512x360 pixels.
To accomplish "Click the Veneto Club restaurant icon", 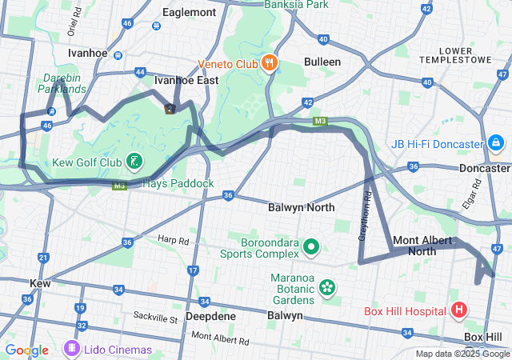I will pos(269,62).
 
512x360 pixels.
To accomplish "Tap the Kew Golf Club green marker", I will pos(135,162).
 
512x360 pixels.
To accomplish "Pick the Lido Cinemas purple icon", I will pos(72,349).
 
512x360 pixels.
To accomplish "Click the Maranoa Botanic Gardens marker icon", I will pos(326,286).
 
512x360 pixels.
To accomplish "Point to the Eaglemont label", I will pos(189,13).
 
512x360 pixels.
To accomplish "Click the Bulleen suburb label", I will pos(322,62).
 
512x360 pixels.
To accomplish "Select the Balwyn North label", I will pos(302,207).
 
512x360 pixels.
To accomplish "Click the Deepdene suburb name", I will pos(210,316).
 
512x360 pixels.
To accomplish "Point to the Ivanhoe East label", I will pos(186,80).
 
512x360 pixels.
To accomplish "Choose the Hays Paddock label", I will pos(178,183).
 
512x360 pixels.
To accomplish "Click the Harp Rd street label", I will pos(173,239).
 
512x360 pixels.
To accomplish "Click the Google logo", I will pos(26,350).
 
